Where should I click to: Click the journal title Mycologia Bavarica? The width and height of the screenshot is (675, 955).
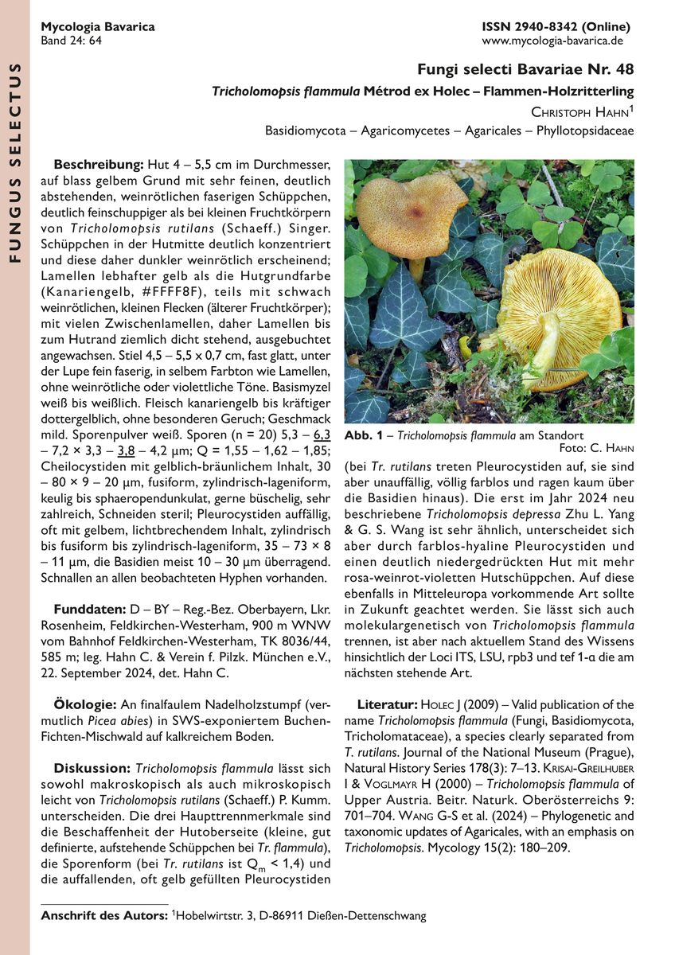[x=98, y=26]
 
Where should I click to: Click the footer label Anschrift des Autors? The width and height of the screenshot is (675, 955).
[x=104, y=916]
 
